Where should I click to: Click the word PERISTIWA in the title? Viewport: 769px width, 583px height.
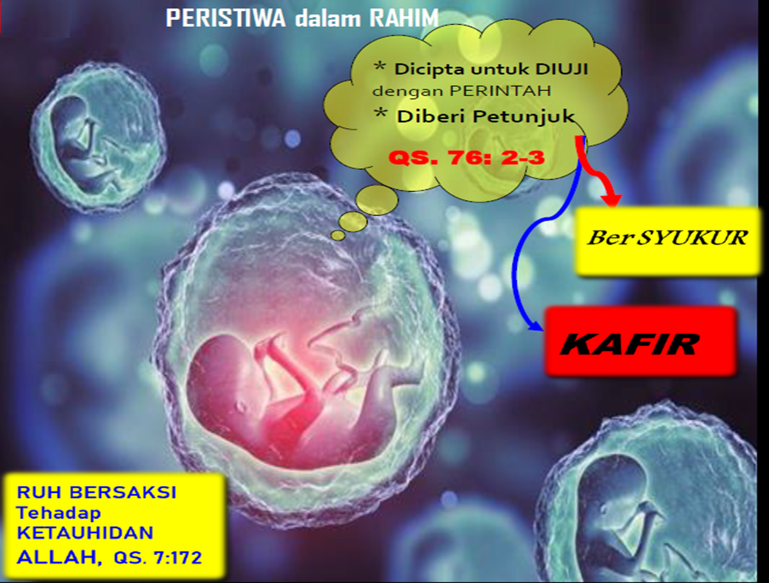(226, 18)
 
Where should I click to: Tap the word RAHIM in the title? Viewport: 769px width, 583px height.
(404, 18)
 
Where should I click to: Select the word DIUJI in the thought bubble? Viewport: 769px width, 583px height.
(561, 69)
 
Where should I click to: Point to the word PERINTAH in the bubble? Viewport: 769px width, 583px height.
(500, 91)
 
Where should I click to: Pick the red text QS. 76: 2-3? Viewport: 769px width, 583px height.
(467, 158)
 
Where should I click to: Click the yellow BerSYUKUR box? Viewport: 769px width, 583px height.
(668, 240)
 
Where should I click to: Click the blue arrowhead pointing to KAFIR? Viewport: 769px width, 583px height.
(536, 325)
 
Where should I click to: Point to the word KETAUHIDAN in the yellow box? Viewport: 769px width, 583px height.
(85, 533)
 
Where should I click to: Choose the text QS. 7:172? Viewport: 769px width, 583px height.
(158, 558)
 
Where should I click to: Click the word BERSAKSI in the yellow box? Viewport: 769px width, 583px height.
(123, 492)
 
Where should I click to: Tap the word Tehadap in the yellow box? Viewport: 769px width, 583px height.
(59, 513)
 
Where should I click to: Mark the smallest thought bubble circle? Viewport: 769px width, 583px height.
(338, 235)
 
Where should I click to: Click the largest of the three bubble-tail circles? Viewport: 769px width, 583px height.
(377, 200)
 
